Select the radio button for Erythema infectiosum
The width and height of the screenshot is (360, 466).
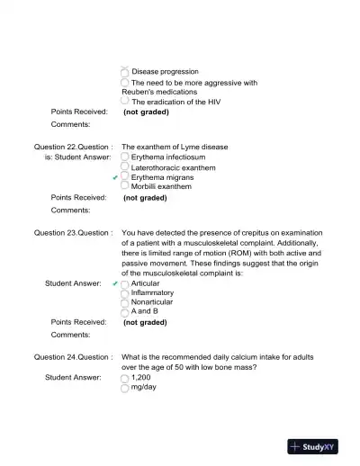point(125,157)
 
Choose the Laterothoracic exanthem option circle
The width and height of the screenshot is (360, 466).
point(125,167)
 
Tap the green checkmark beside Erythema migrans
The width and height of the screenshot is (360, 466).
point(115,178)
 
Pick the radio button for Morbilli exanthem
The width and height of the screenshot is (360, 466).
point(125,187)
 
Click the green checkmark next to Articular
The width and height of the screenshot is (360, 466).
point(115,283)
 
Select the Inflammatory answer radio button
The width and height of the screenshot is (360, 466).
point(125,293)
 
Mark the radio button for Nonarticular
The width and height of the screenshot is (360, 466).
point(125,303)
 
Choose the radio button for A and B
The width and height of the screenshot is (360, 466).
point(125,313)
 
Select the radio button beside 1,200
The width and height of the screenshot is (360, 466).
point(125,379)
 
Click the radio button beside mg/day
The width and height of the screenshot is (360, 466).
point(125,389)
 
